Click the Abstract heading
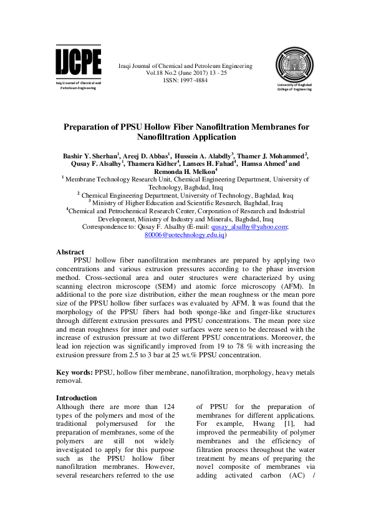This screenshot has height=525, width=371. click(70, 253)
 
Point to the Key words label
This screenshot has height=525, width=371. click(74, 372)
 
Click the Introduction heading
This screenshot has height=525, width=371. click(76, 398)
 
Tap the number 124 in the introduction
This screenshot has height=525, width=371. click(166, 407)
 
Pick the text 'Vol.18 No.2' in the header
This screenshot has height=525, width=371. click(163, 73)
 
